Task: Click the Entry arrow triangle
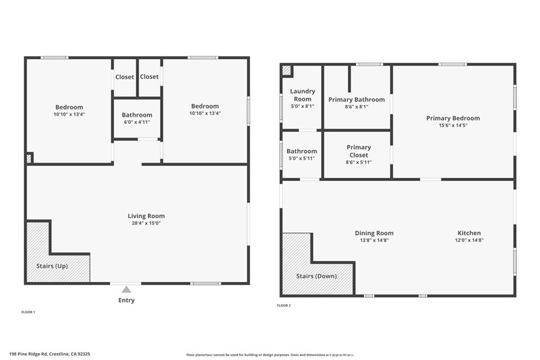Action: (126, 289)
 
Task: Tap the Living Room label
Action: (146, 216)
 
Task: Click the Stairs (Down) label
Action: (316, 276)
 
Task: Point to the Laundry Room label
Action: (303, 95)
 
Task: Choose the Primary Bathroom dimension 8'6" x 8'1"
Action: (356, 106)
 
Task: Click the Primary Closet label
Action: (359, 151)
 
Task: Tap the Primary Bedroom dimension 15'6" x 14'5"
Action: (453, 125)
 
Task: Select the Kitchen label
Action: (469, 233)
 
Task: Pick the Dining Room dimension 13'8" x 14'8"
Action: (374, 240)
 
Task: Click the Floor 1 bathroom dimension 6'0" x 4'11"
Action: (137, 122)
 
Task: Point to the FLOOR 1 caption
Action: (28, 312)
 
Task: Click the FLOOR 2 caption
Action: (284, 305)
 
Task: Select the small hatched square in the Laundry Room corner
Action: (286, 70)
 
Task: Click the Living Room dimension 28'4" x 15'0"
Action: (146, 223)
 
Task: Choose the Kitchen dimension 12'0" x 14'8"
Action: (469, 240)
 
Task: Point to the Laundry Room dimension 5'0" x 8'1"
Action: (303, 106)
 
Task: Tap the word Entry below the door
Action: (126, 300)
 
